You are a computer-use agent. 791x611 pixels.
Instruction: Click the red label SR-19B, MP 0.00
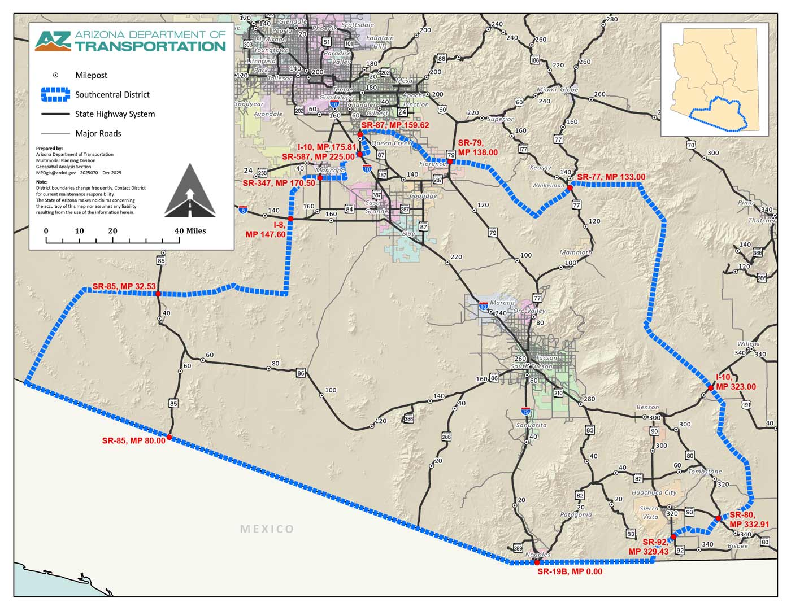[570, 571]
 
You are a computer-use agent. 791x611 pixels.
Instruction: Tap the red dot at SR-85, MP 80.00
[169, 437]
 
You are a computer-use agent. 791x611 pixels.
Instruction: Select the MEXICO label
[267, 529]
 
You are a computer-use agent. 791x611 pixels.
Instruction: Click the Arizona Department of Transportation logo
[131, 41]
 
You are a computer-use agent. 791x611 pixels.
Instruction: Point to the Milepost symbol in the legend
[55, 75]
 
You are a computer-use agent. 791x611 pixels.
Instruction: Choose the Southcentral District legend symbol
[55, 95]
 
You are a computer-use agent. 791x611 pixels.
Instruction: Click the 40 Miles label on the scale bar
[190, 231]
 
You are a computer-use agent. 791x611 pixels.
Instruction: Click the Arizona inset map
[714, 79]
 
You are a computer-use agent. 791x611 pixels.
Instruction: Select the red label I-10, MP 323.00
[735, 382]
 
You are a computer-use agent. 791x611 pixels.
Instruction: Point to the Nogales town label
[538, 555]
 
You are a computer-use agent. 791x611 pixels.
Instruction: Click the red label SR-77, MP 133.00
[611, 177]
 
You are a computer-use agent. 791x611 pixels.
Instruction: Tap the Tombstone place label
[705, 471]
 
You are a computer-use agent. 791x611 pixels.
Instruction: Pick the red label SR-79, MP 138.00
[477, 148]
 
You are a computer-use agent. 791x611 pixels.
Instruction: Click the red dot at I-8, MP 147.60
[290, 219]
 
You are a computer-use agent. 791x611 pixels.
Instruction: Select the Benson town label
[647, 407]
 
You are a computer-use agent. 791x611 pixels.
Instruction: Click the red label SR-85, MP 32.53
[124, 286]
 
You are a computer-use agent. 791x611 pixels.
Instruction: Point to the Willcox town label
[748, 344]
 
